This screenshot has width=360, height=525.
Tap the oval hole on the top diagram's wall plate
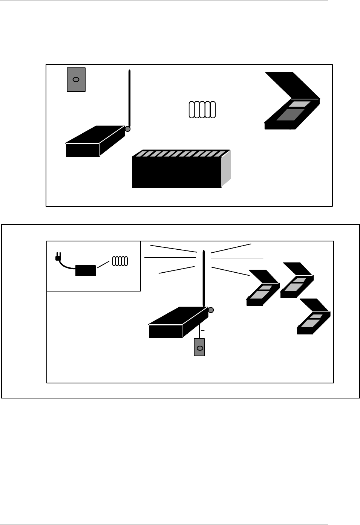click(x=76, y=79)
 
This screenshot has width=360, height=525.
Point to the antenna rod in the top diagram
click(x=129, y=98)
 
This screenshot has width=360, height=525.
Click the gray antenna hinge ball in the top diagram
click(x=128, y=129)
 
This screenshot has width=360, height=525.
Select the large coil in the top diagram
click(x=202, y=110)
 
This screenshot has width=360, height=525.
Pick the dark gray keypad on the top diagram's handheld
click(x=291, y=114)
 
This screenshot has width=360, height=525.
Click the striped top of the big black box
click(x=181, y=154)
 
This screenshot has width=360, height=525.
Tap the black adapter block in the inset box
click(x=86, y=270)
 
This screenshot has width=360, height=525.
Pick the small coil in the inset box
click(x=120, y=261)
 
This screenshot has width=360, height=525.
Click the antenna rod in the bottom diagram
click(x=204, y=279)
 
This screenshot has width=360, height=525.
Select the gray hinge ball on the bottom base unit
click(x=211, y=310)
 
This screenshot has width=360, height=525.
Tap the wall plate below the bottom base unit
click(x=199, y=347)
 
